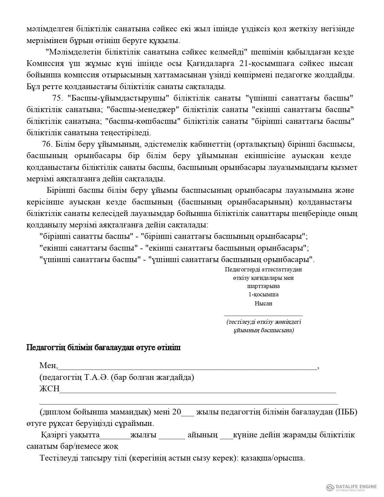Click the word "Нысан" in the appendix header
(263, 303)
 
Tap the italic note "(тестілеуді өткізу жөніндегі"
(264, 322)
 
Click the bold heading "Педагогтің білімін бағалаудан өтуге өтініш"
(104, 348)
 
